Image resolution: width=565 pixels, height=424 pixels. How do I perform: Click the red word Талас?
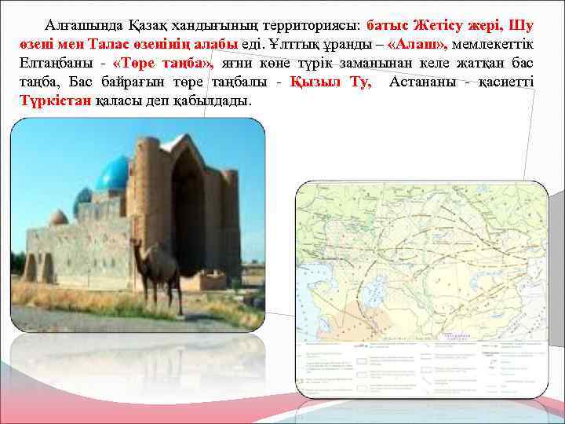point(110,45)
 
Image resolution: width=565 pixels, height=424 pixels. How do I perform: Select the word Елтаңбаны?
point(51,64)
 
